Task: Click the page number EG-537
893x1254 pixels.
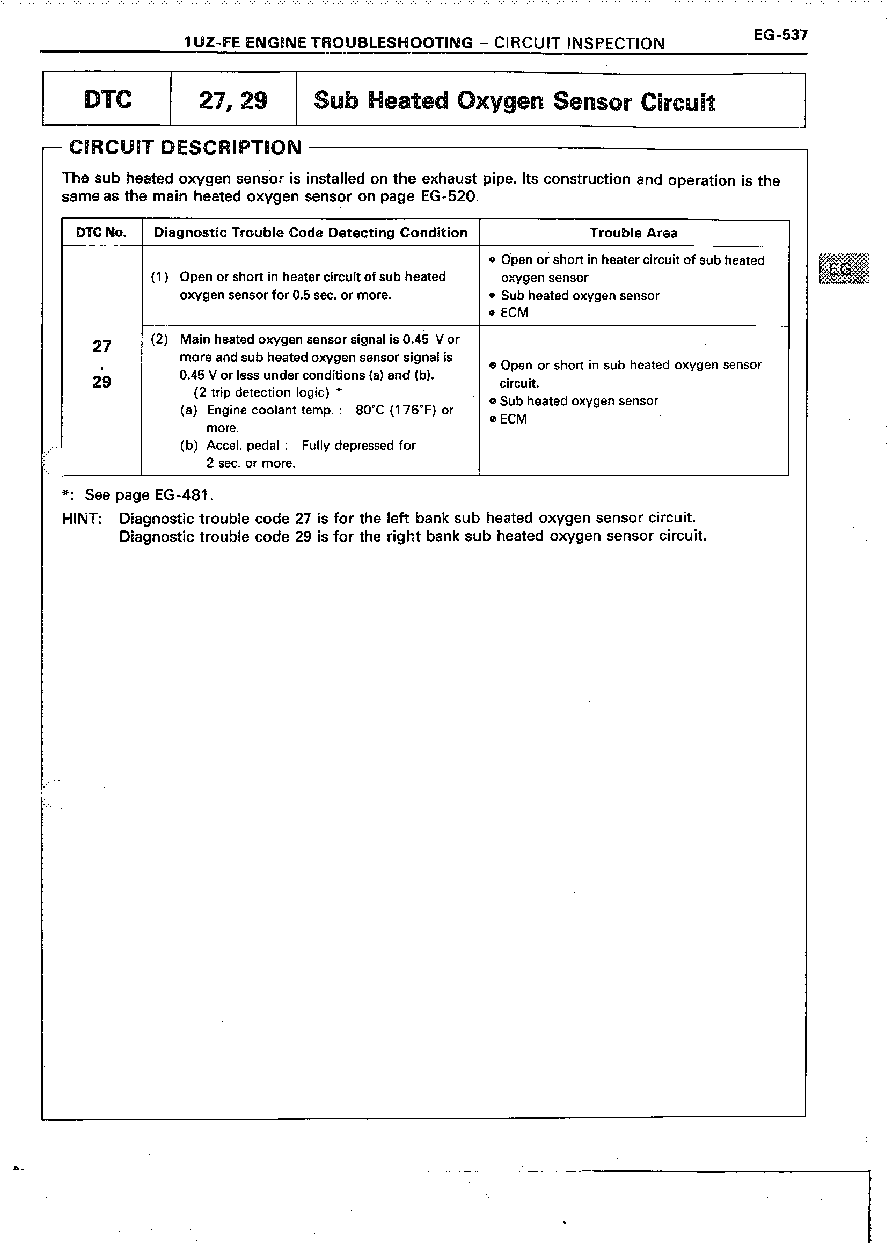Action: pos(780,35)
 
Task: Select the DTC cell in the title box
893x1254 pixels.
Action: pos(108,99)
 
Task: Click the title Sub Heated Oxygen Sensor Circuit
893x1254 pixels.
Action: pos(514,102)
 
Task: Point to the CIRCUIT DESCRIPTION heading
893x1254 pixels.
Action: pos(185,148)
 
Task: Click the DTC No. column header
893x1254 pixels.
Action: pos(101,232)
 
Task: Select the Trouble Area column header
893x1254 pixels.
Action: pos(633,233)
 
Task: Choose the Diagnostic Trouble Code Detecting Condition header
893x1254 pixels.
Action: pos(310,232)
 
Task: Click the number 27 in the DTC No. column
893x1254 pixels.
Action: pos(102,346)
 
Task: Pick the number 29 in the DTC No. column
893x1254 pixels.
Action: pos(102,382)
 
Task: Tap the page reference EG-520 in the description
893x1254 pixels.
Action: pos(449,197)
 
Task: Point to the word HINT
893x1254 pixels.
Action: pos(82,519)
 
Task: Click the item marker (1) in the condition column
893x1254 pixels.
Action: pos(159,276)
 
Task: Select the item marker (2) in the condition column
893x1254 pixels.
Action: pos(159,339)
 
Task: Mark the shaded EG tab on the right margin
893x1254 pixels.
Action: pos(844,268)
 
